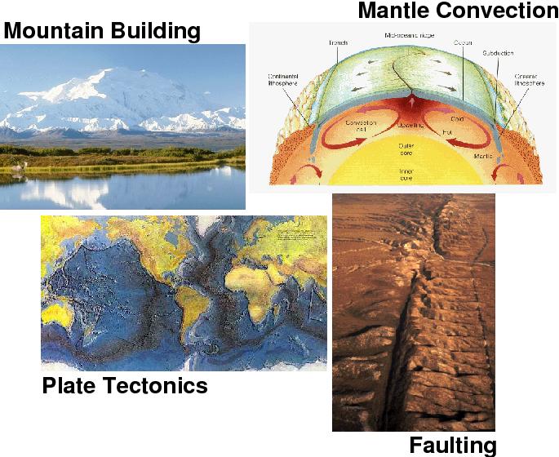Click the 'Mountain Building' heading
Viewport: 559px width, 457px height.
(x=102, y=32)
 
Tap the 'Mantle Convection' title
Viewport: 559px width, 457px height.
(x=457, y=11)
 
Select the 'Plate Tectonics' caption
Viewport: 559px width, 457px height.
(x=124, y=385)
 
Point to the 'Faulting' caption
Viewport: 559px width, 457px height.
(x=452, y=446)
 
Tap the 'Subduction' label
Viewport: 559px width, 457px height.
(x=497, y=53)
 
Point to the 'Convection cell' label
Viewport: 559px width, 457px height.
(x=360, y=127)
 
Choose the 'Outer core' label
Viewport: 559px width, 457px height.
(x=407, y=151)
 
